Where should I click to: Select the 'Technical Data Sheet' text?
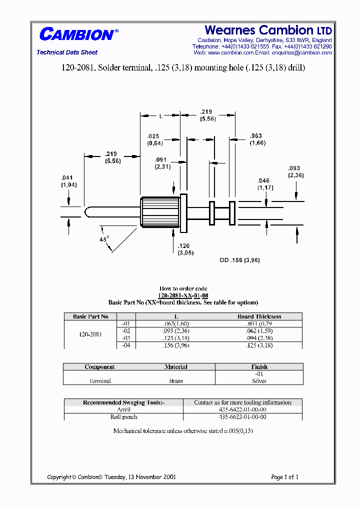[x=67, y=52]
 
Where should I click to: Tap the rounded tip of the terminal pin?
[x=86, y=212]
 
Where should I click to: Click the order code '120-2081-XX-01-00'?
[x=183, y=295]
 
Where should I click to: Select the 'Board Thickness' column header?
[x=259, y=316]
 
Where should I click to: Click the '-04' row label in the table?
[x=125, y=345]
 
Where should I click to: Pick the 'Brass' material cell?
[x=176, y=381]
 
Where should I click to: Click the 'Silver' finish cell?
[x=259, y=381]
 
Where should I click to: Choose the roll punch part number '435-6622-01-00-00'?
[x=242, y=416]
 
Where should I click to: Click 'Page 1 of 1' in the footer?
[x=284, y=477]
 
